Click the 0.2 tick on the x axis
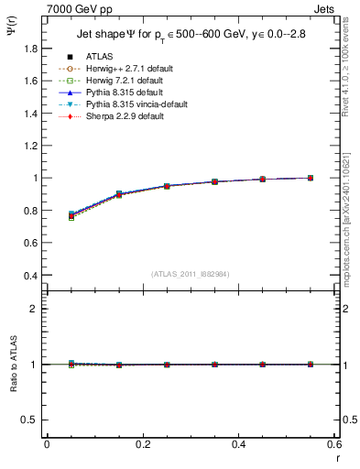pos(142,444)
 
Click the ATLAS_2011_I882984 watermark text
pos(190,275)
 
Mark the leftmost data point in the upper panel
pos(71,216)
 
